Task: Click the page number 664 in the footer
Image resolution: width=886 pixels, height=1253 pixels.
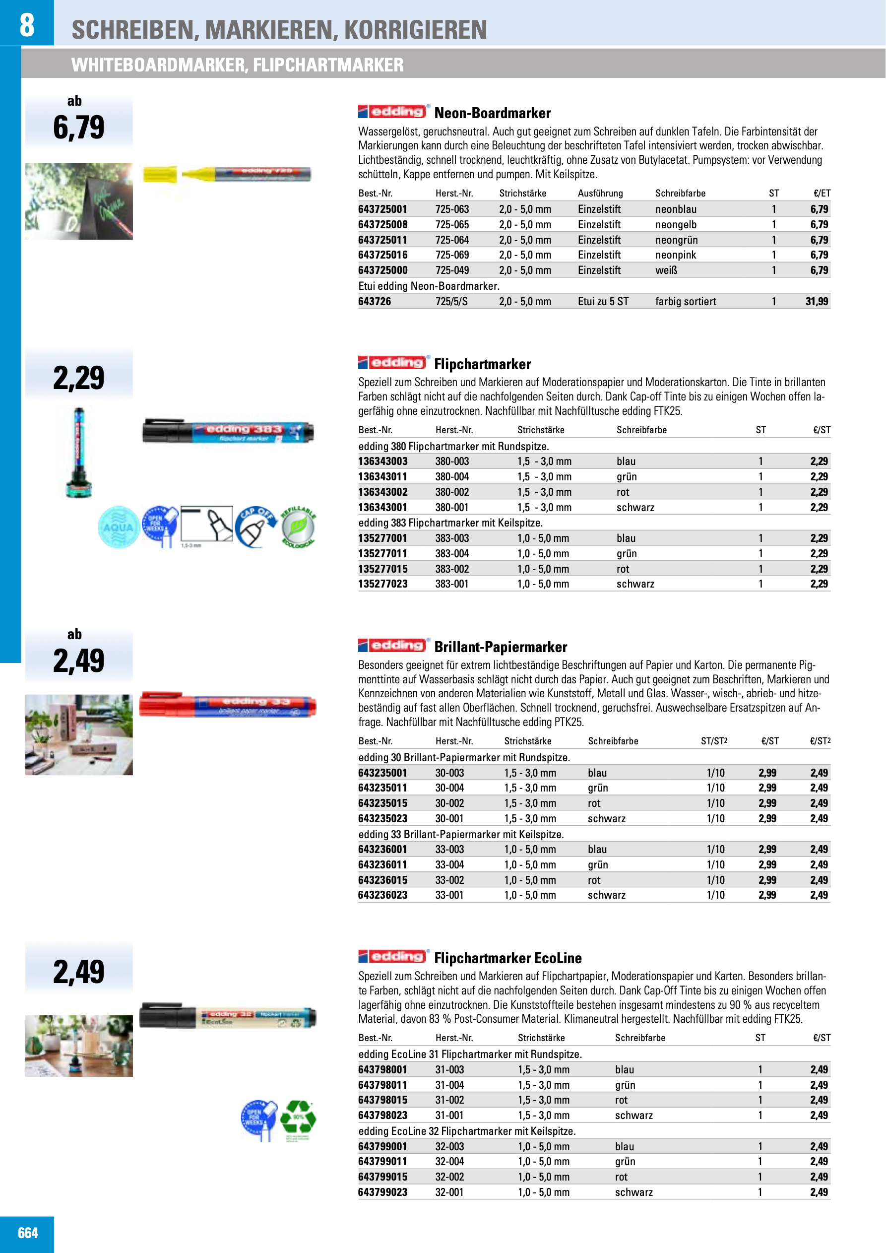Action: pyautogui.click(x=28, y=1233)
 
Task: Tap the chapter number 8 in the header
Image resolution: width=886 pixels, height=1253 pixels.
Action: pyautogui.click(x=27, y=24)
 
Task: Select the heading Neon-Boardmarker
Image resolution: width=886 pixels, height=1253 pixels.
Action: pyautogui.click(x=492, y=114)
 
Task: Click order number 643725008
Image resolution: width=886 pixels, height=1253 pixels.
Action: pyautogui.click(x=382, y=225)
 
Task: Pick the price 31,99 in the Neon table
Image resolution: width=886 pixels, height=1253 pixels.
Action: pyautogui.click(x=816, y=302)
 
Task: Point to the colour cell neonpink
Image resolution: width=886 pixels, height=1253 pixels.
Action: pyautogui.click(x=675, y=255)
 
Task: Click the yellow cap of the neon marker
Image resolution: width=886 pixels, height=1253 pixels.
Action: pyautogui.click(x=160, y=175)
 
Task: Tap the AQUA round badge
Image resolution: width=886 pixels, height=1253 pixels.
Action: pyautogui.click(x=118, y=527)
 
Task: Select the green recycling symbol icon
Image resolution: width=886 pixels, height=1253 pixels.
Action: pyautogui.click(x=298, y=1117)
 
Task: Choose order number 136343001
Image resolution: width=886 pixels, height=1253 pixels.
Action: pyautogui.click(x=382, y=508)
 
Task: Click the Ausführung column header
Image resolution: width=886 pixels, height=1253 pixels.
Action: pyautogui.click(x=600, y=193)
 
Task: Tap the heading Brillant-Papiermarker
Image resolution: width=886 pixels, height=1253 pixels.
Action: pyautogui.click(x=500, y=647)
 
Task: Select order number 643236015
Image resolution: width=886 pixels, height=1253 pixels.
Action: pyautogui.click(x=382, y=880)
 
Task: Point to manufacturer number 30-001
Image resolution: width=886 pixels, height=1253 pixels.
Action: pyautogui.click(x=449, y=819)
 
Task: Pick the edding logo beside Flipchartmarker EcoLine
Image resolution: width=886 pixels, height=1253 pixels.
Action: pyautogui.click(x=392, y=957)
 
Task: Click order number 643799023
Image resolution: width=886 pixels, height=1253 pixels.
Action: pyautogui.click(x=382, y=1192)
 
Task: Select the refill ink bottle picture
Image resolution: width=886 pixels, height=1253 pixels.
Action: pyautogui.click(x=79, y=453)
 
